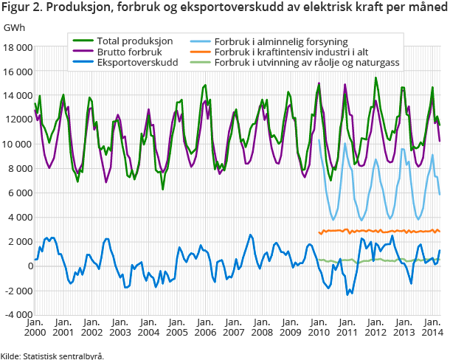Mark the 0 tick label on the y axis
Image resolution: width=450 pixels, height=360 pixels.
coord(27,266)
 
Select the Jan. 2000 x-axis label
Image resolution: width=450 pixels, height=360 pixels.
coord(35,329)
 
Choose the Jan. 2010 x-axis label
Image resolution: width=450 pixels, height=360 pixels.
coord(319,329)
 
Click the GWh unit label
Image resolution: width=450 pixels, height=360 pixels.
coord(13,28)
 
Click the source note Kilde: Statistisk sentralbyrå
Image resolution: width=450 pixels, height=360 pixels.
coord(52,355)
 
